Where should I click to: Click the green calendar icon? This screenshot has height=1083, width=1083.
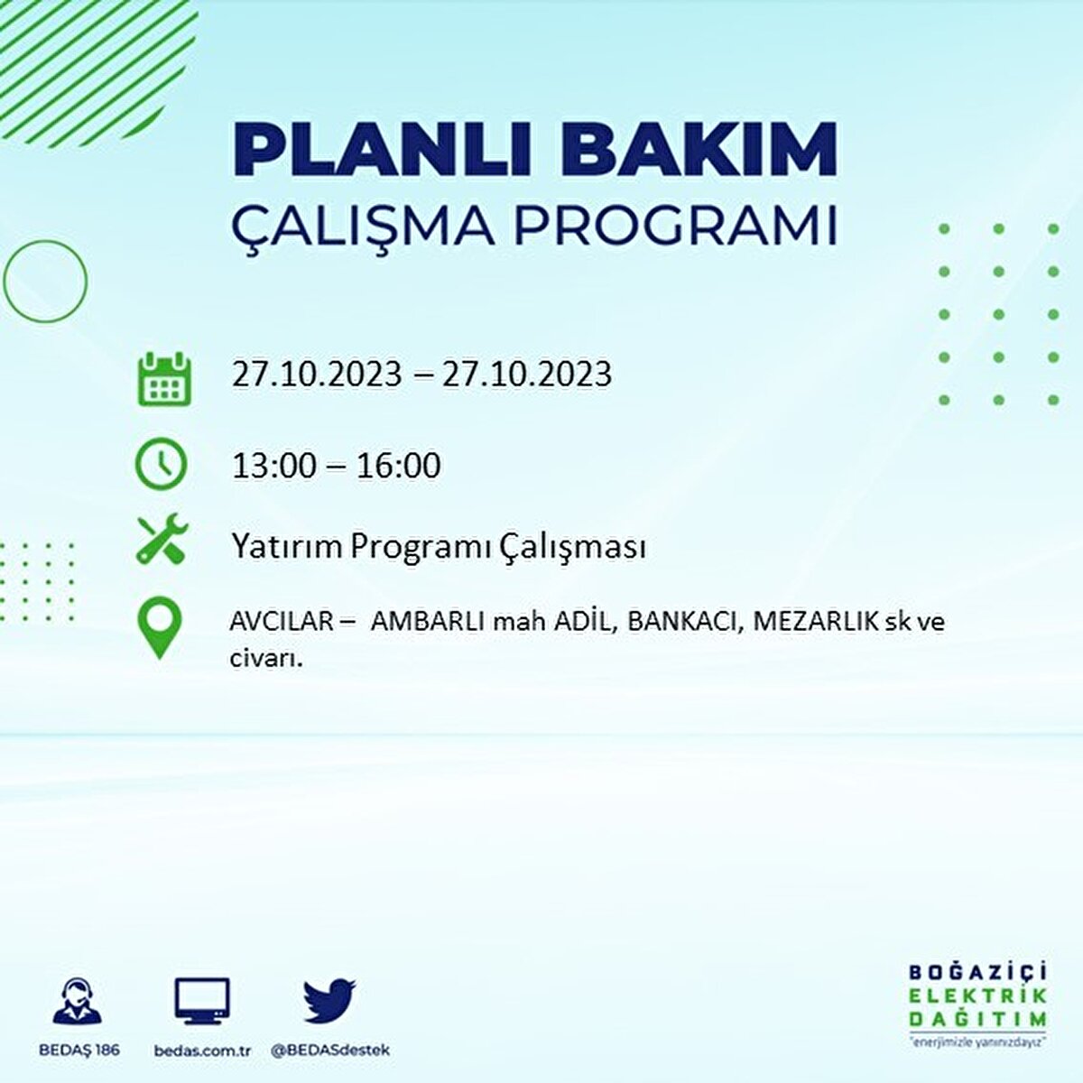tap(163, 378)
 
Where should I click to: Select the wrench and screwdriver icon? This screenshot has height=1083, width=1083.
tap(162, 539)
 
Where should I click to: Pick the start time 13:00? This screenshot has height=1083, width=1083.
tap(274, 466)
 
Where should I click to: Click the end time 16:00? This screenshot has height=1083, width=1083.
tap(398, 466)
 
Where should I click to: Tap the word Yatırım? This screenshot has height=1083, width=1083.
tap(286, 546)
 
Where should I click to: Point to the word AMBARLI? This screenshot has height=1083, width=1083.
tap(428, 622)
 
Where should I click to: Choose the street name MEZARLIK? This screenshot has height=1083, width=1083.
tap(815, 622)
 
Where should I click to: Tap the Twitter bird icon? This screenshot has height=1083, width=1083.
tap(329, 1000)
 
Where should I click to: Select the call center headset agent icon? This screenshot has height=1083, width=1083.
tap(78, 1002)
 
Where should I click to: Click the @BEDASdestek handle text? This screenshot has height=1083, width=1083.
tap(329, 1051)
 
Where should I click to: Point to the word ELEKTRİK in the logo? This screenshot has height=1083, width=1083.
tap(977, 995)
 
